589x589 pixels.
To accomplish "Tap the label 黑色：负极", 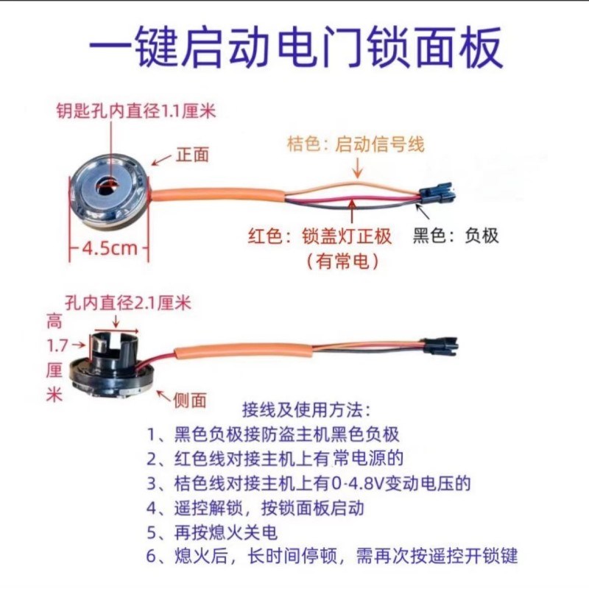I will (x=456, y=236).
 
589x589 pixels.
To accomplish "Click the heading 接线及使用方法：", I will (x=307, y=408).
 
